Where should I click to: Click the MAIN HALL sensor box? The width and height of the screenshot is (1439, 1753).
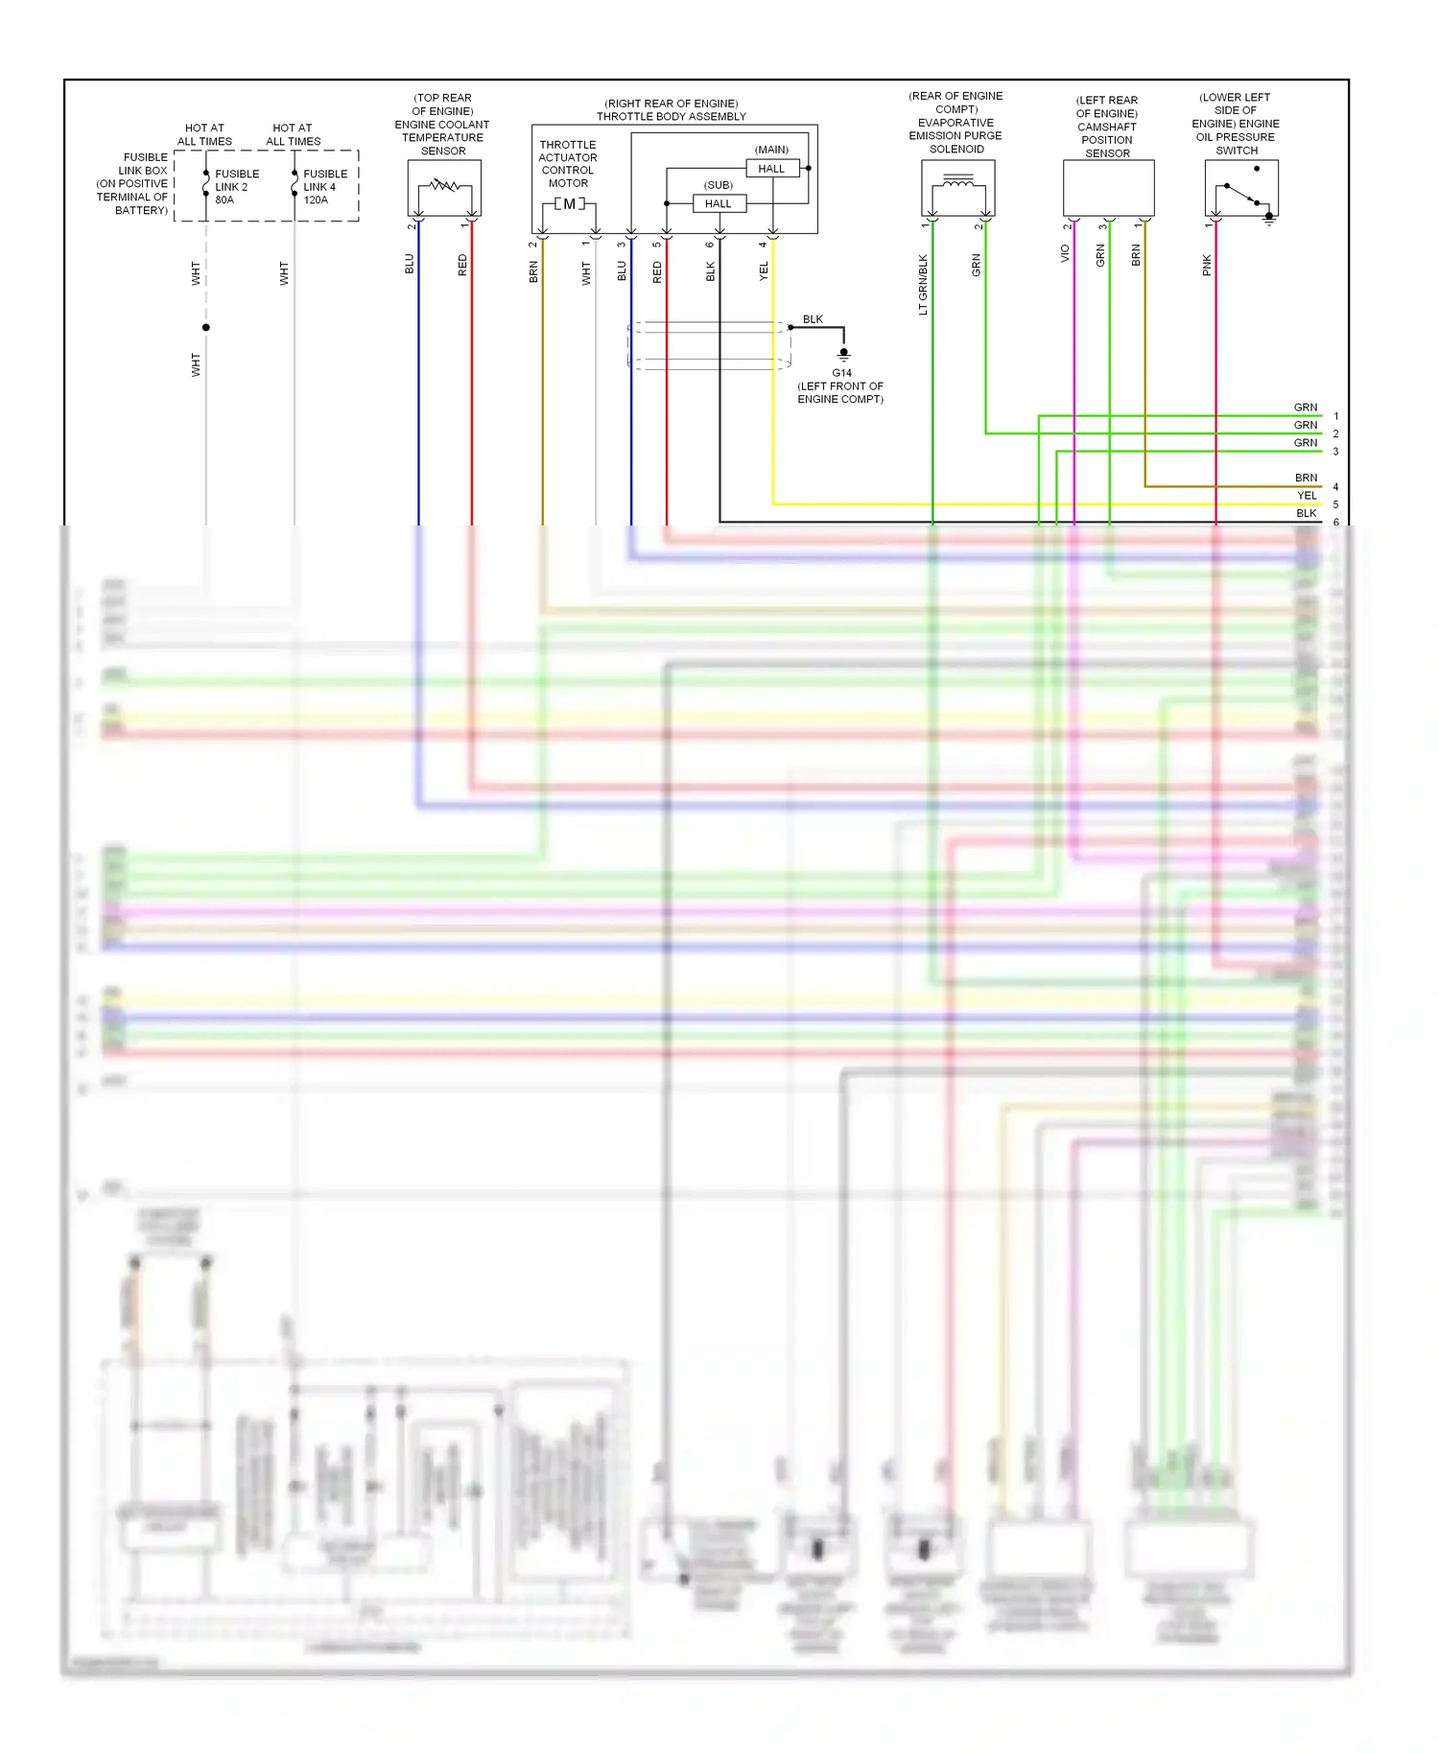pos(771,169)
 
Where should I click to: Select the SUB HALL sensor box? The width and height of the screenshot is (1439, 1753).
pos(719,203)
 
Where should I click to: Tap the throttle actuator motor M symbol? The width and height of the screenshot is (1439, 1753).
pos(569,204)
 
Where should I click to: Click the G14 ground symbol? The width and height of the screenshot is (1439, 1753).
pos(843,355)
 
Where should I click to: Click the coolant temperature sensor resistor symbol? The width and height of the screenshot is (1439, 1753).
pos(444,185)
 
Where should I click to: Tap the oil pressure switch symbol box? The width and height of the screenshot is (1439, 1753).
pos(1241,189)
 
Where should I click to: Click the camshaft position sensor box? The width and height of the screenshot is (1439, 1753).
pos(1108,188)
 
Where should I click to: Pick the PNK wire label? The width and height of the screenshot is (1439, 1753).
pos(1207,265)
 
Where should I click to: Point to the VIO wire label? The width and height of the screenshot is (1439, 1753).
pos(1065,253)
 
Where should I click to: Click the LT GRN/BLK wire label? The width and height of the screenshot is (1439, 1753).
pos(923,284)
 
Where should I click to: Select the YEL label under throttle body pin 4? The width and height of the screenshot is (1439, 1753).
pos(764,271)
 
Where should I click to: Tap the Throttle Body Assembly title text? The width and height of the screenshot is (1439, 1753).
pos(672,110)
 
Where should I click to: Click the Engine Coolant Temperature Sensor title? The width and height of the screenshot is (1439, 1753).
pos(442,125)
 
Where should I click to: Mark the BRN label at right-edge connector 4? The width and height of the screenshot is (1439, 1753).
pos(1306,478)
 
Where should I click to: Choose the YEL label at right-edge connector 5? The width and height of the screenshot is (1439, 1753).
pos(1307,496)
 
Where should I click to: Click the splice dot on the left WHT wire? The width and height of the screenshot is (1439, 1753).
pos(206,327)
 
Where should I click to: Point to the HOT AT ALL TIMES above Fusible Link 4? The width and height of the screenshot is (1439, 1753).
pos(293,134)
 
